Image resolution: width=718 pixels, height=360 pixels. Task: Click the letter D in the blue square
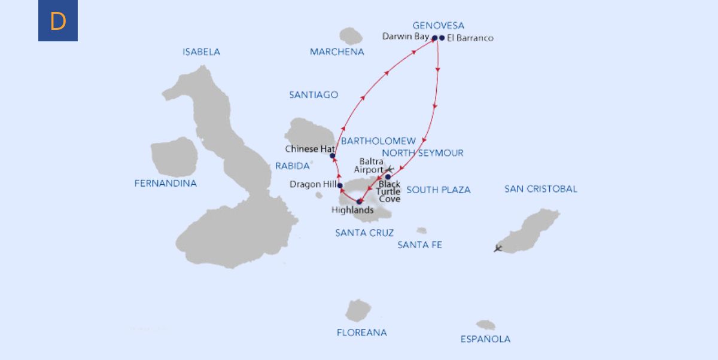[58, 22]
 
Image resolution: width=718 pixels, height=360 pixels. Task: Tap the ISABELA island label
[201, 52]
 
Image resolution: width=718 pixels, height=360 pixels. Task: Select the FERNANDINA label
[166, 184]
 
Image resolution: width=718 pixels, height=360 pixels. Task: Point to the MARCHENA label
[337, 52]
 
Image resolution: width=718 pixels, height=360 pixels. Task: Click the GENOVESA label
[439, 26]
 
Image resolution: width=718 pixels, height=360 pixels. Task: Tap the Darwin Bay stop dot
[434, 38]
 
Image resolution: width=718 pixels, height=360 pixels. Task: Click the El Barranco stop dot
[442, 38]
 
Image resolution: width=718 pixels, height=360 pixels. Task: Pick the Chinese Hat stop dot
[333, 156]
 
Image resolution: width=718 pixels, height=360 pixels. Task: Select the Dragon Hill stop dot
[340, 185]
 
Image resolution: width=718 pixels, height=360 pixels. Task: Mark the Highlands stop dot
[359, 202]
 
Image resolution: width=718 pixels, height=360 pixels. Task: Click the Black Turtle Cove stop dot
[388, 176]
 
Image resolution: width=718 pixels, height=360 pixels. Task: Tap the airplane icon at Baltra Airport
[391, 169]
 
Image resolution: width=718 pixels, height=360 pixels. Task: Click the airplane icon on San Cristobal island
[498, 248]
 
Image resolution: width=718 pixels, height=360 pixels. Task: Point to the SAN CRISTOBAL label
[541, 189]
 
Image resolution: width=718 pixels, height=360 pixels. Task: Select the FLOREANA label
[361, 332]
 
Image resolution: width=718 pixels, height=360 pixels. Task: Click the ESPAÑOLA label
[485, 339]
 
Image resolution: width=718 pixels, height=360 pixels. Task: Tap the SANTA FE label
[419, 245]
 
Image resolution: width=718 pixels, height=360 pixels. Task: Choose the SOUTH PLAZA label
[439, 190]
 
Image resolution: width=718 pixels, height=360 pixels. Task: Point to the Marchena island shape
[351, 36]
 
